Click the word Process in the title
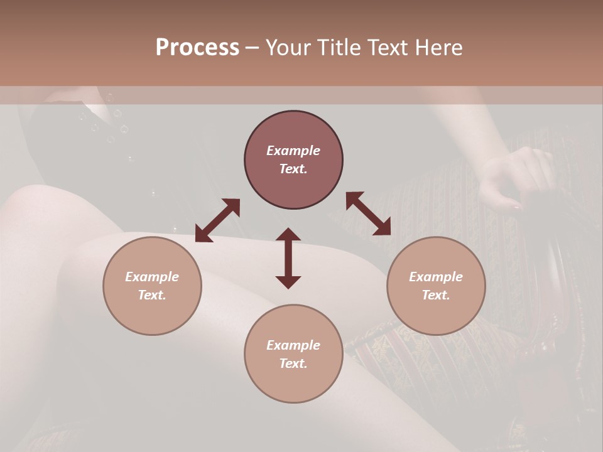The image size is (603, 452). click(197, 48)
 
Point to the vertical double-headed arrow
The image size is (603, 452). click(288, 258)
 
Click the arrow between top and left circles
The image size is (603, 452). click(217, 220)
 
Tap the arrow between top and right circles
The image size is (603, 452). click(368, 213)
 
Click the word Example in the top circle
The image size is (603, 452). click(293, 151)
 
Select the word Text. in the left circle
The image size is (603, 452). click(152, 295)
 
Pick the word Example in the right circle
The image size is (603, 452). click(436, 277)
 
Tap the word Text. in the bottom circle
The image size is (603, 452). click(293, 363)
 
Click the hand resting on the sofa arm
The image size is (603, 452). click(515, 179)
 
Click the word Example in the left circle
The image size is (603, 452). click(152, 277)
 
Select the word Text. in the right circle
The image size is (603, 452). click(436, 295)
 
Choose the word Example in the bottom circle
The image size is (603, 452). click(293, 345)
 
